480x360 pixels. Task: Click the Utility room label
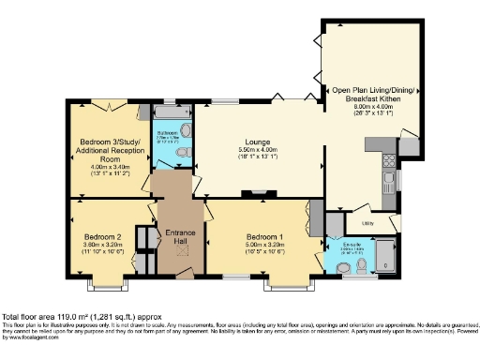tap(367, 223)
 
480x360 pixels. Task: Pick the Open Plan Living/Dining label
tap(366, 95)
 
